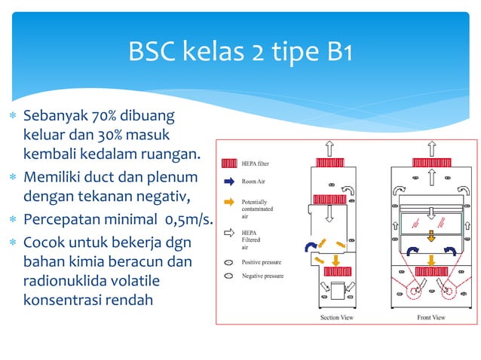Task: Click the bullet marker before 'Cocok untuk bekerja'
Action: point(12,243)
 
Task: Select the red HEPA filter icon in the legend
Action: point(229,163)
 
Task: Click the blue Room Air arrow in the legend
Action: point(229,181)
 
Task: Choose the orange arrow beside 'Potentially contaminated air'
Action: point(229,203)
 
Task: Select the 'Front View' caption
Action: point(431,317)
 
